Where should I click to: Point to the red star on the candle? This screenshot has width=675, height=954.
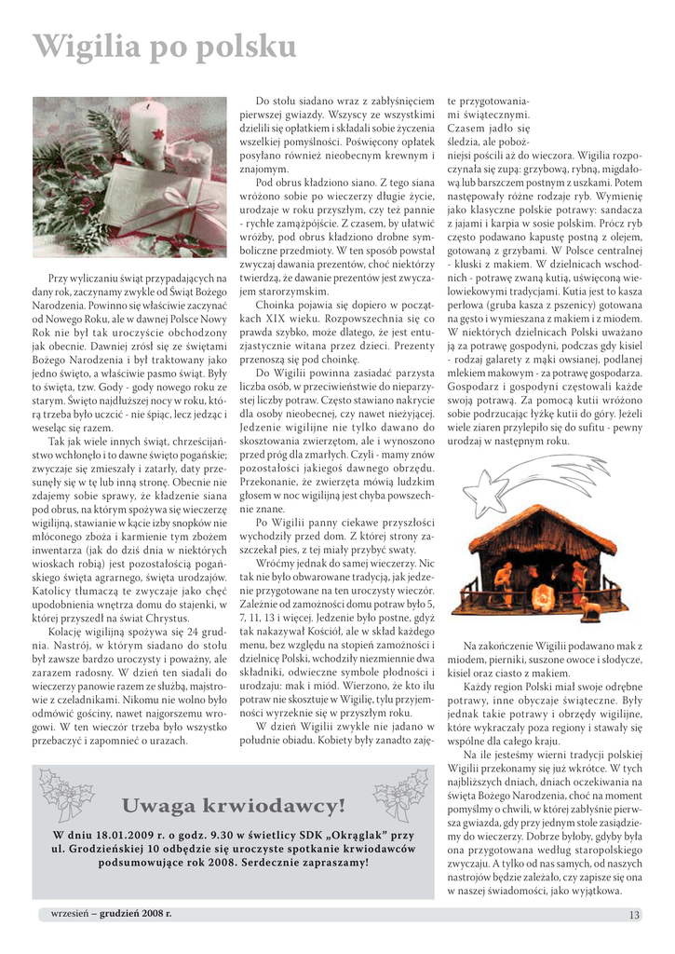click(158, 136)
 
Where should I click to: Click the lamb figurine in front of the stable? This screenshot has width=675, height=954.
click(590, 609)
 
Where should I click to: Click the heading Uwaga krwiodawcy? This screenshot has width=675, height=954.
click(233, 805)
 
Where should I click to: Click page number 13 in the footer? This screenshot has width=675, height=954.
click(634, 915)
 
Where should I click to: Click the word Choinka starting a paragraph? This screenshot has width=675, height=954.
click(277, 304)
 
